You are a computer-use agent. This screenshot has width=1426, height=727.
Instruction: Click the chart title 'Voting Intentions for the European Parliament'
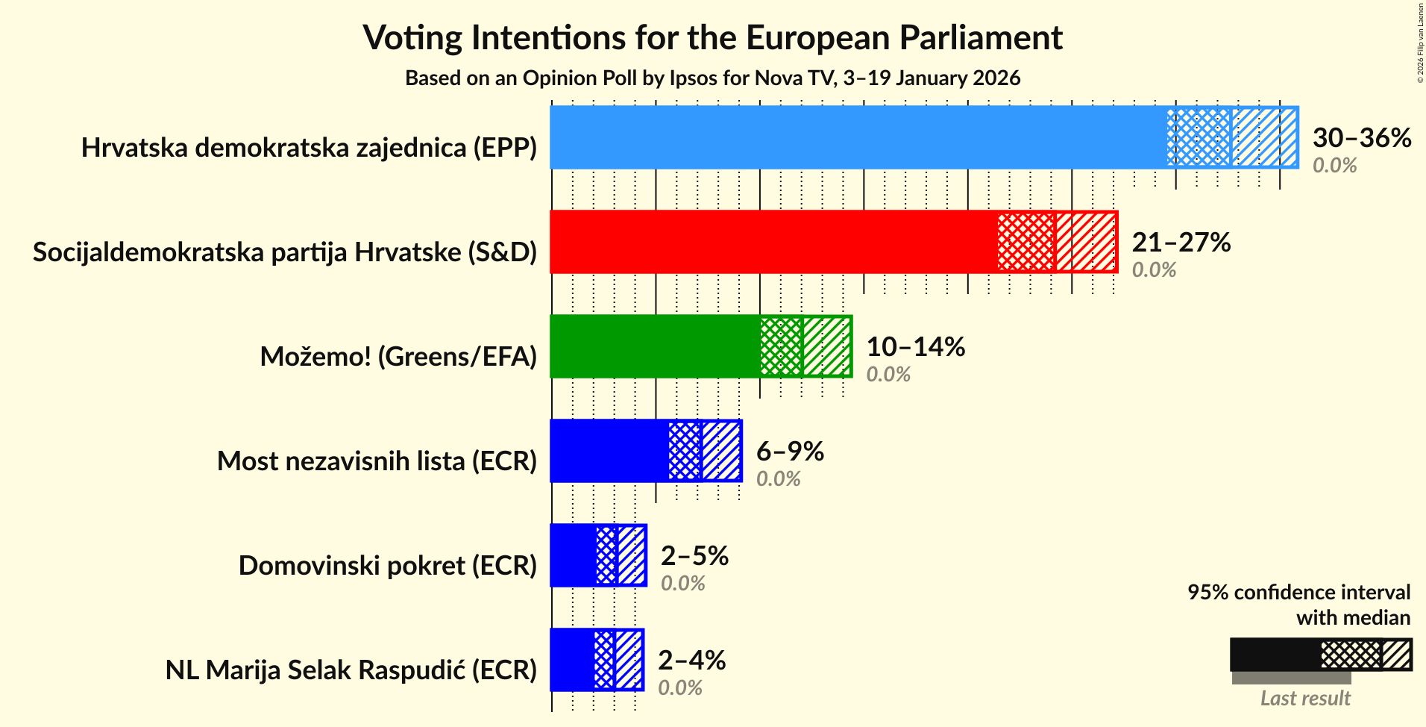(712, 37)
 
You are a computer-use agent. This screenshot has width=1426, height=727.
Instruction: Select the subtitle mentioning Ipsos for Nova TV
(712, 78)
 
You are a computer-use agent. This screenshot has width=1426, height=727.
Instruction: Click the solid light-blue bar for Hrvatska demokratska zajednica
(858, 137)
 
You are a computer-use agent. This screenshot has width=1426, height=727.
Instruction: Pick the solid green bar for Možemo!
(655, 346)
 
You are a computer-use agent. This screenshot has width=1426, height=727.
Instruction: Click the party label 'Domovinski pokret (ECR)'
(387, 566)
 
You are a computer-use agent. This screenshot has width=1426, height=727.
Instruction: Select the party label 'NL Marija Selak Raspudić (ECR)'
(351, 670)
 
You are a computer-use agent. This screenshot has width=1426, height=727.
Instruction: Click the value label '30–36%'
(1361, 138)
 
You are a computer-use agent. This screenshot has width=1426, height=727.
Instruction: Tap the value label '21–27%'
(1181, 243)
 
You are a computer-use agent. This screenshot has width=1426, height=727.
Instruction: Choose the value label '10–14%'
(915, 347)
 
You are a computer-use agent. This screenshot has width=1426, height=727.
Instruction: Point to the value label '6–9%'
(790, 452)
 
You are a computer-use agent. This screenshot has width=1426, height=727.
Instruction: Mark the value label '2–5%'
(694, 556)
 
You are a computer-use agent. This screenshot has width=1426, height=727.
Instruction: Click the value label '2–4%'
(691, 661)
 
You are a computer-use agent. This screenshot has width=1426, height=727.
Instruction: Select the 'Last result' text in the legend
(1305, 699)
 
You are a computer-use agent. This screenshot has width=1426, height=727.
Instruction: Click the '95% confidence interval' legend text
(1298, 593)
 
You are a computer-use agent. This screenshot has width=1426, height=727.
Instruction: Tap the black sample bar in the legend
(1275, 655)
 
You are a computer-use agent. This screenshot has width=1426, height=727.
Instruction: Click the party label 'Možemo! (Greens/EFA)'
(398, 357)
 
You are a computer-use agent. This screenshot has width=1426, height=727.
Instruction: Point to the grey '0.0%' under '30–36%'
(1334, 166)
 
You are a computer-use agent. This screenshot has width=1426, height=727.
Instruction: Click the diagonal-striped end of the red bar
(1086, 242)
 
